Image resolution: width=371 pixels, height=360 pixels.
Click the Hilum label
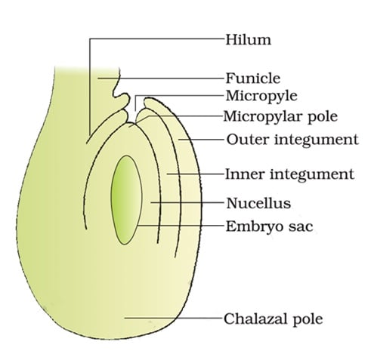248,40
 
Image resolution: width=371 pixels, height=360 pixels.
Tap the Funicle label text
253,78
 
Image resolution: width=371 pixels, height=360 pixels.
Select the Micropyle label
261,96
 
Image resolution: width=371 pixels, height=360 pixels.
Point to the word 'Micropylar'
263,116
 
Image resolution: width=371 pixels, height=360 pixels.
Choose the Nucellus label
258,203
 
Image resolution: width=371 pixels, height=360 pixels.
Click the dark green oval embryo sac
126,200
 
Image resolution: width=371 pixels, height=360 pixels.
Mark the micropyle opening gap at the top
135,109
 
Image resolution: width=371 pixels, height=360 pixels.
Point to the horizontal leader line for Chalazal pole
174,318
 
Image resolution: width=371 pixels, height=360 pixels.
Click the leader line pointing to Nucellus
187,202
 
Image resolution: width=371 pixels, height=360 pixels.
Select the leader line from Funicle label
161,78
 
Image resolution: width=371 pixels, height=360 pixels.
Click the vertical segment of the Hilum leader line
90,87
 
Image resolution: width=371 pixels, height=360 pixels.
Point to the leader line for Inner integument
195,174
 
